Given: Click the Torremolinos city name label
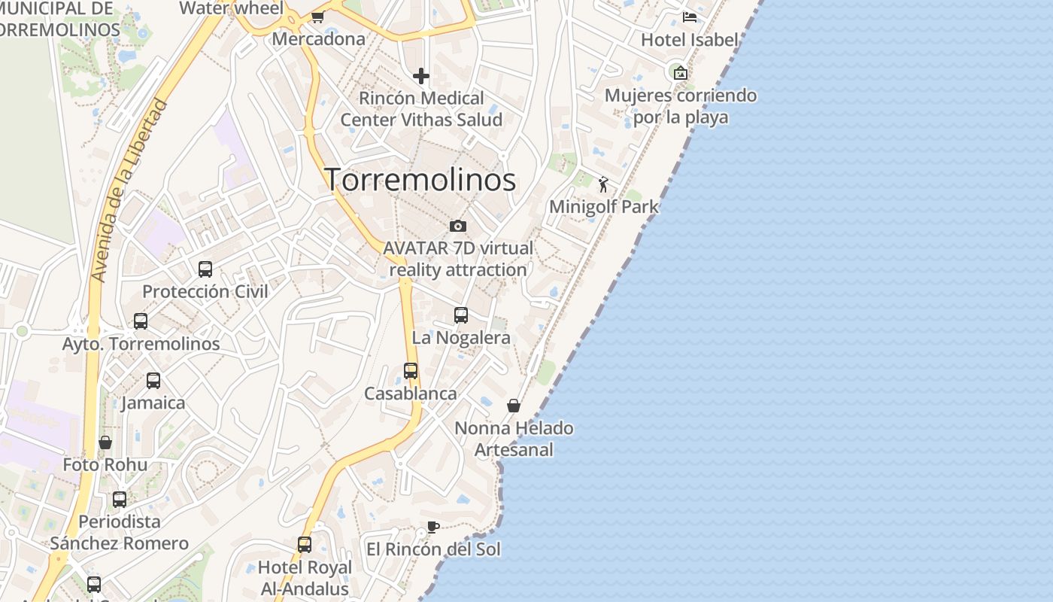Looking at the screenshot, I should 420,180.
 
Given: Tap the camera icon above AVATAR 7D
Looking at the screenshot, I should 457,226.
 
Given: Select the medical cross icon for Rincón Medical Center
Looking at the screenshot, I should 421,76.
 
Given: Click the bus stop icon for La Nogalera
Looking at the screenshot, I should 461,315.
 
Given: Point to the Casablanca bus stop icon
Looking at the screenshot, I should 411,371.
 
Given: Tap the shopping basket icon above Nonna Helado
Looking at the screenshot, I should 514,406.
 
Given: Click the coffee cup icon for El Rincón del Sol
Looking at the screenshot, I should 432,527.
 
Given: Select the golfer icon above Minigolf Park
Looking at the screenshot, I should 603,184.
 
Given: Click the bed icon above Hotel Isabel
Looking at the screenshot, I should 689,17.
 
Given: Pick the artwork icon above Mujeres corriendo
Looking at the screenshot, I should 681,73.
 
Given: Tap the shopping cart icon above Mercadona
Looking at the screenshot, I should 318,17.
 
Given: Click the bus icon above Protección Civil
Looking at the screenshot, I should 205,269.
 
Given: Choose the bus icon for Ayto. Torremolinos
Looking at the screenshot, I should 141,321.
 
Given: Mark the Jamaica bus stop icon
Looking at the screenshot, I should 153,381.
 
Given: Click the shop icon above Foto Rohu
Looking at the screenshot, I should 105,442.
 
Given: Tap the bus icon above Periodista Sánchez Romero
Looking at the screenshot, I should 120,499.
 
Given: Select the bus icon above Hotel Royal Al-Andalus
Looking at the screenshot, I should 305,544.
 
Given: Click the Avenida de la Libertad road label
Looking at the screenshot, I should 128,191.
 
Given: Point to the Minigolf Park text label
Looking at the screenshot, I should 604,207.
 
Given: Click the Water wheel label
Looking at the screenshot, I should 232,8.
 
